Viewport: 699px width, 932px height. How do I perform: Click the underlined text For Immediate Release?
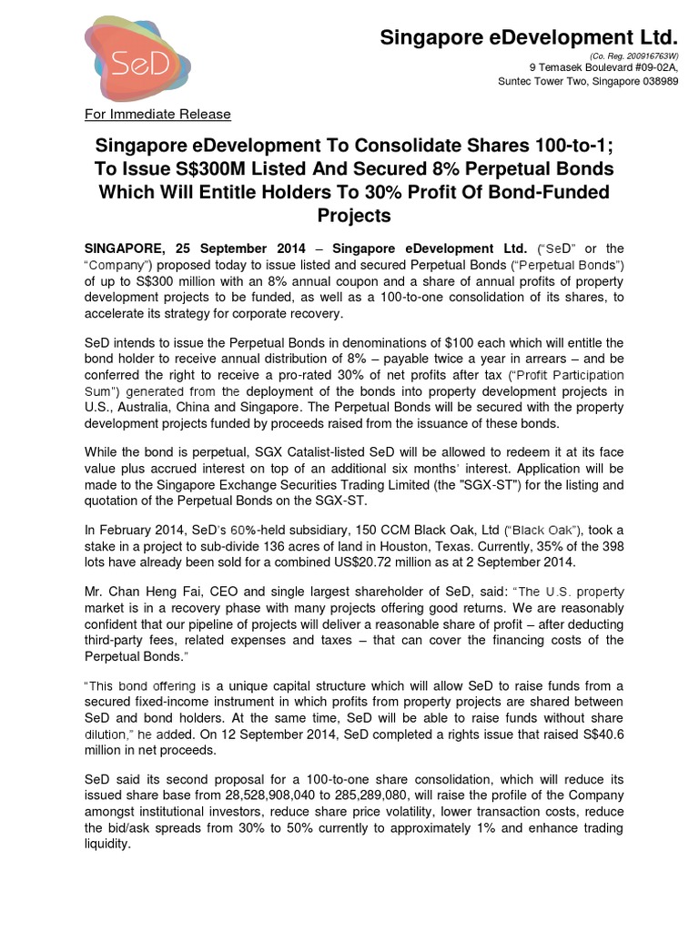coord(157,114)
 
